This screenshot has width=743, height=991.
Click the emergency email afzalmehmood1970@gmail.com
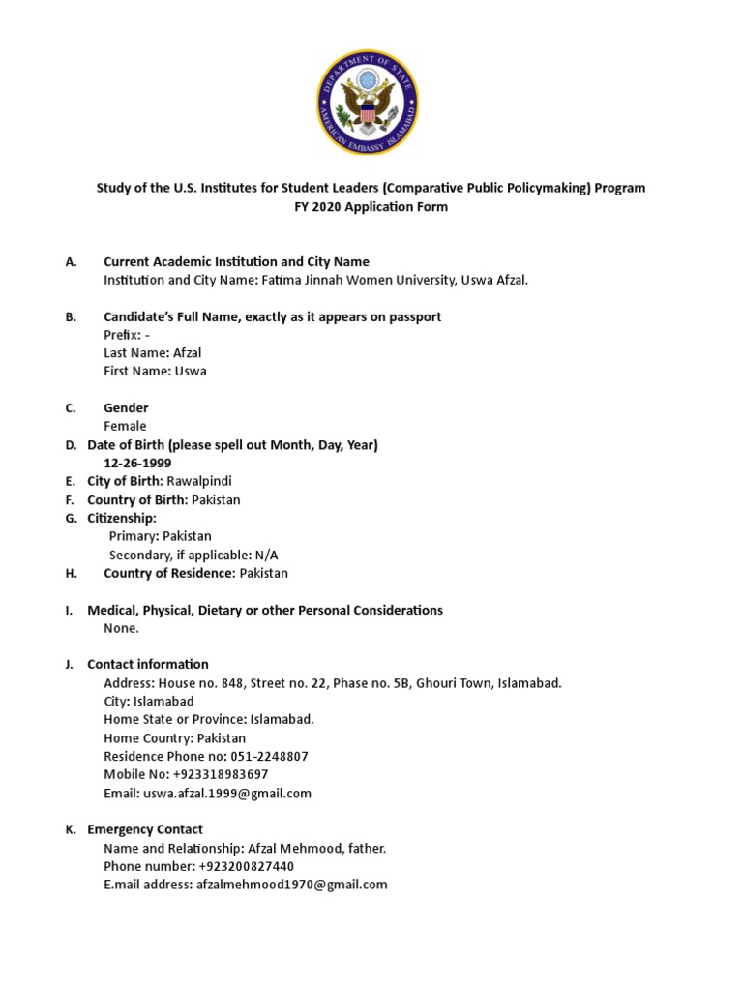(x=291, y=884)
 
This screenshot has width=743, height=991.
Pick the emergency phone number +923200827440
(x=246, y=866)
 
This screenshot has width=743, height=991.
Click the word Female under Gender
(x=125, y=426)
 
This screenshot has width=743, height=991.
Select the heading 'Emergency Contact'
(x=145, y=829)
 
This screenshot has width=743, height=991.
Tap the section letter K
(x=70, y=829)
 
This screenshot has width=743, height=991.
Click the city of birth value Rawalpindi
(x=199, y=481)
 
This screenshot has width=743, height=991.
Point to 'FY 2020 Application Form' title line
(x=371, y=206)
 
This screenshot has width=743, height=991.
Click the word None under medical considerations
(x=121, y=628)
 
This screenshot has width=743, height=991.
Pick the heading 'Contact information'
(x=148, y=664)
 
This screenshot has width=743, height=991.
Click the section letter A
(x=70, y=261)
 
